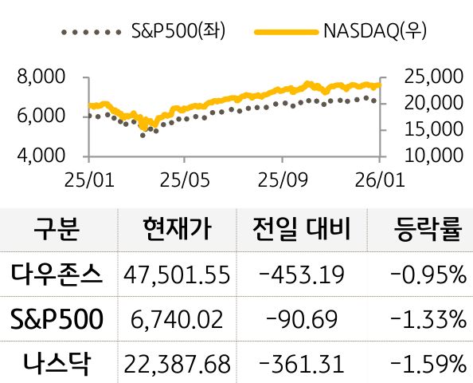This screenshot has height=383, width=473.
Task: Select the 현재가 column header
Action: pos(176,230)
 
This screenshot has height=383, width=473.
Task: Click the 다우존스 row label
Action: pos(57,274)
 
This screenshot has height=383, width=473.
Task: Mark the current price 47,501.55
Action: pos(177,275)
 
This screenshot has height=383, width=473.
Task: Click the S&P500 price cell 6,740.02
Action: pos(177,320)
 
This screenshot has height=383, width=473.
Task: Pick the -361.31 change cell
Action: pos(302,365)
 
